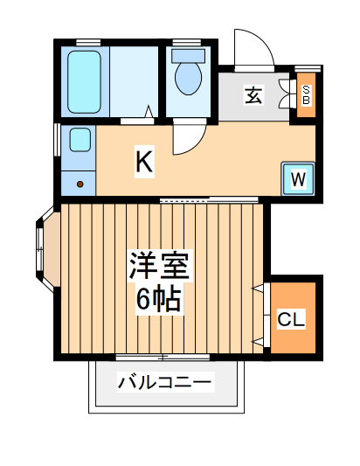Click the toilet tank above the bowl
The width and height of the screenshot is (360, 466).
pyautogui.click(x=187, y=55)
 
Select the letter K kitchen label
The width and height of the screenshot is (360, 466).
pyautogui.click(x=144, y=161)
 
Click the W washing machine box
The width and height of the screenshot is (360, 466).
pyautogui.click(x=297, y=179)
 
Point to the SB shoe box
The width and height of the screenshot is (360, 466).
pyautogui.click(x=307, y=94)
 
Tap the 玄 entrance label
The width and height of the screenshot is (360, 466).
pyautogui.click(x=253, y=94)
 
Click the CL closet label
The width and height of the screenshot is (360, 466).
pyautogui.click(x=291, y=320)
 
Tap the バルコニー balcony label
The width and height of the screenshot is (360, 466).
pyautogui.click(x=164, y=382)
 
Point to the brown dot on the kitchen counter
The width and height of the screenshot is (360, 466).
pyautogui.click(x=80, y=184)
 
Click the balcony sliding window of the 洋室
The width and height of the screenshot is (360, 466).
pyautogui.click(x=163, y=357)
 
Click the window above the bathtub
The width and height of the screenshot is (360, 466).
pyautogui.click(x=87, y=42)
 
